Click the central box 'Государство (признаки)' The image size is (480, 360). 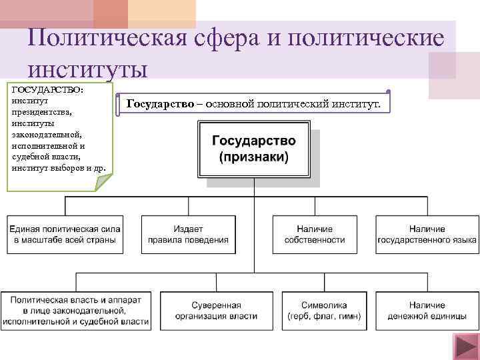point(254,151)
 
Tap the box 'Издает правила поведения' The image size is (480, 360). point(188,234)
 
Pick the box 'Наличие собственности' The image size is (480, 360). point(314,234)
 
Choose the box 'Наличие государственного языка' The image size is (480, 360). point(427,234)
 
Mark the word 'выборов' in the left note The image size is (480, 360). point(69,166)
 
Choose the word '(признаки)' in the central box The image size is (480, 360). point(254,159)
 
